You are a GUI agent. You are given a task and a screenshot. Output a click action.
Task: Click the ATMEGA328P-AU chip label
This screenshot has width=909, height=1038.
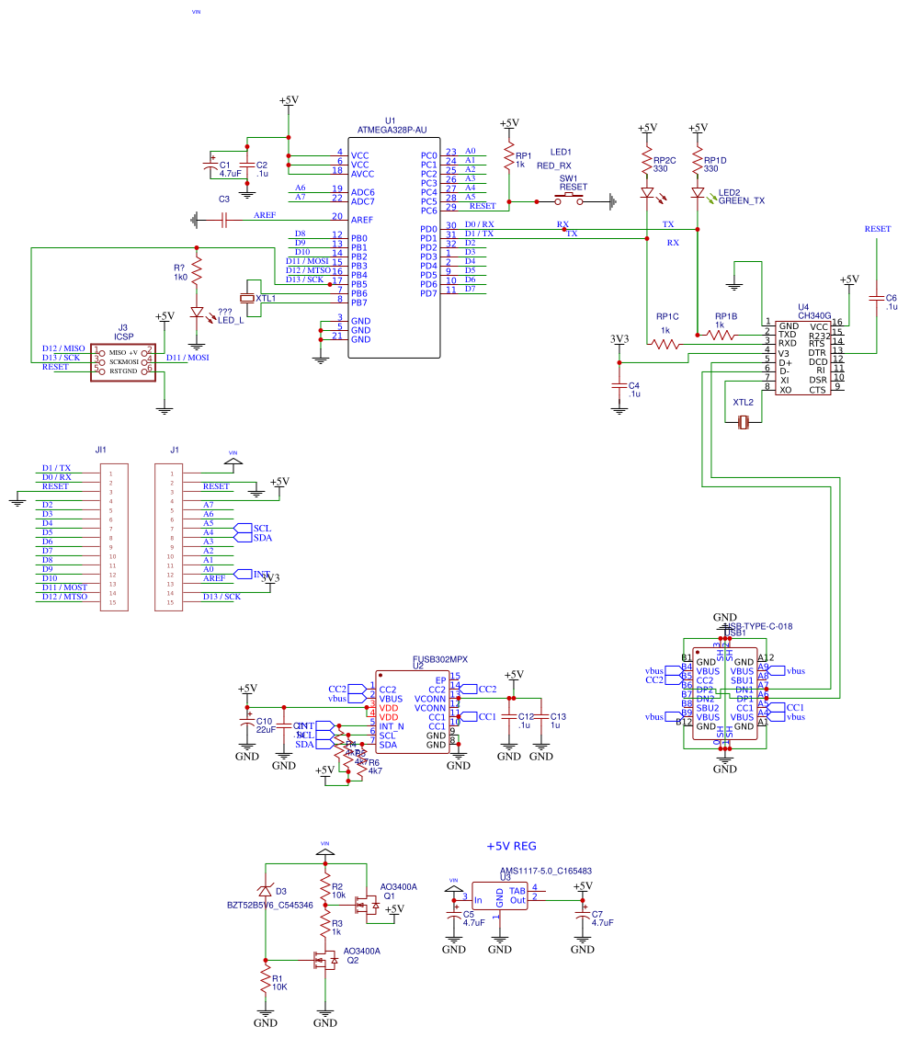coord(392,130)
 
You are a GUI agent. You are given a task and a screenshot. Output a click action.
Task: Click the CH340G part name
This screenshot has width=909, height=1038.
coord(813,314)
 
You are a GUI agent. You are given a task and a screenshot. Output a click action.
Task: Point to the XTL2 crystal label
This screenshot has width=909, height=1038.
coord(743,403)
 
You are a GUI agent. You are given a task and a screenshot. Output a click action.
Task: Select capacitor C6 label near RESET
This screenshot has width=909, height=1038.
coord(891,298)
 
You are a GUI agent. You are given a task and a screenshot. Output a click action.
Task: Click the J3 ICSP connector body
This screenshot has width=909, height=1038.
coord(121,361)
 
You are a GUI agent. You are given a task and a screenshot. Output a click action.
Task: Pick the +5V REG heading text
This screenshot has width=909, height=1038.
coord(511,846)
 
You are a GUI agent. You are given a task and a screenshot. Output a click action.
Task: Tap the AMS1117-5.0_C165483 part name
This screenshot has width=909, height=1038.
coord(545,871)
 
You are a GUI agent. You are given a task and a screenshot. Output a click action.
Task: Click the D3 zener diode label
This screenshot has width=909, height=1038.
coord(280,891)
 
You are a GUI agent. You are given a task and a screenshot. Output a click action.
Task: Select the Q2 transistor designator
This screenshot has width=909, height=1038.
coord(352,961)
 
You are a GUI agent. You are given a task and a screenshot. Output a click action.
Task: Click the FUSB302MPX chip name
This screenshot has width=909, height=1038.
coord(439,659)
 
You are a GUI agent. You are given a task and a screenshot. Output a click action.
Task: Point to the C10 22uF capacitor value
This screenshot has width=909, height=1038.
coord(265,729)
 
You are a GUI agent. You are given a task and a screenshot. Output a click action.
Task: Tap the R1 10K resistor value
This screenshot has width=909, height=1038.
coord(278,987)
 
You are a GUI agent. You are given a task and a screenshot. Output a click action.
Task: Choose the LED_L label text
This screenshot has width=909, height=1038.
coord(231,320)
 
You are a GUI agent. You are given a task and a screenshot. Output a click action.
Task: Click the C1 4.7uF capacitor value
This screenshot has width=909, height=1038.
coord(230,173)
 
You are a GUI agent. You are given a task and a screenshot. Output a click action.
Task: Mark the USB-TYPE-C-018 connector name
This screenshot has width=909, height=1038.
coord(760,626)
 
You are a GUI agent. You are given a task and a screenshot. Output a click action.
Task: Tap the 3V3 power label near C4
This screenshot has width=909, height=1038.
coord(619,339)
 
